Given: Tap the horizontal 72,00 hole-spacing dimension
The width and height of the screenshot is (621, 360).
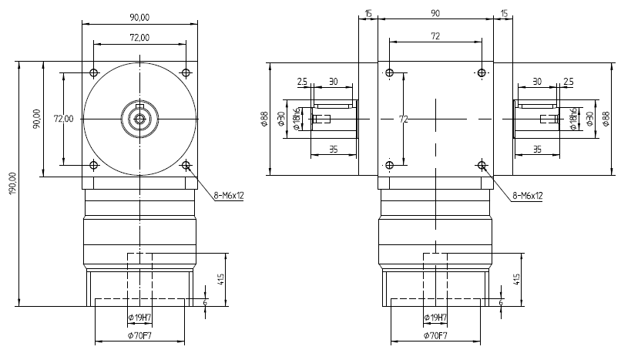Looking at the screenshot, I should [x=139, y=37].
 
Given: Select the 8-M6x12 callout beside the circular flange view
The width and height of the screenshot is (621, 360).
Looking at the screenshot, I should [x=228, y=196].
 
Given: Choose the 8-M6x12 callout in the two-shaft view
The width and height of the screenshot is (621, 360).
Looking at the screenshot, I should [x=527, y=196].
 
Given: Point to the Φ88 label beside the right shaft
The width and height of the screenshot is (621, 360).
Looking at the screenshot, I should [x=605, y=119].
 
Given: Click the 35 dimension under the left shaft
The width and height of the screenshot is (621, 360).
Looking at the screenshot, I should [x=333, y=150].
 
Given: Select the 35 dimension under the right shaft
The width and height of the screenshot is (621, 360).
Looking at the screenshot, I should [x=536, y=150].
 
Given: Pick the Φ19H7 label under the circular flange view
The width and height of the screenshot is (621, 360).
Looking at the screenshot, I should [x=139, y=318].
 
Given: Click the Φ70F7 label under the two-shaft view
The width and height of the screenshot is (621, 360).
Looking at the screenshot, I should [x=436, y=335].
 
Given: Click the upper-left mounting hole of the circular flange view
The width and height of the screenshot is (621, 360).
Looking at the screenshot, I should [x=94, y=73].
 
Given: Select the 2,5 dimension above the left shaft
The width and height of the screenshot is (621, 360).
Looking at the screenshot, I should [x=302, y=81].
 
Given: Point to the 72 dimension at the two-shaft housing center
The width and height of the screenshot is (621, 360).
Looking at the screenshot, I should [x=403, y=119].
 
